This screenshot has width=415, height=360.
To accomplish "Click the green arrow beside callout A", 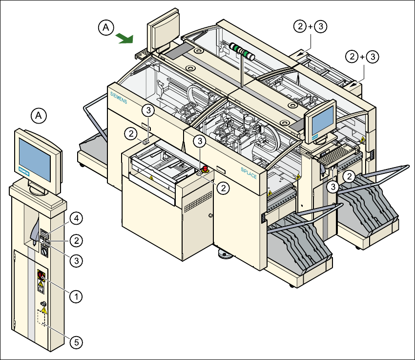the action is click(x=124, y=39).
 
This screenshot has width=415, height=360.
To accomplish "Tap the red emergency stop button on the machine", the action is click(x=205, y=169).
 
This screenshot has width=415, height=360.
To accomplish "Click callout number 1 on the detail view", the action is click(x=76, y=296).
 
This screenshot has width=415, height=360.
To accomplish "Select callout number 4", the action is click(x=76, y=219).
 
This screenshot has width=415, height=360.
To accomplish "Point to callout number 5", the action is click(x=76, y=342).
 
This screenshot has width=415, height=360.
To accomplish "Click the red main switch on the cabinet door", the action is click(x=41, y=275).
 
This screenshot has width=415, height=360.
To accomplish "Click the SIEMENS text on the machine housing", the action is click(x=119, y=98).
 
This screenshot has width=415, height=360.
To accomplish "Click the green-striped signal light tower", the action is click(x=242, y=51).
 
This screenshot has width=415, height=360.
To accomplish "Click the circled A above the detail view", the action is click(x=39, y=116).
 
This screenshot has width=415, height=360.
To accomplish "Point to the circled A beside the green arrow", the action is click(x=106, y=27).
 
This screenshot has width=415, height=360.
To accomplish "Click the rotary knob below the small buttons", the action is click(x=44, y=251).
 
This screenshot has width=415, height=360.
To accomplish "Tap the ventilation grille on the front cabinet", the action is click(x=198, y=202).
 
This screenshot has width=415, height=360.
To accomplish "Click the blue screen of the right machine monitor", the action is click(x=322, y=121).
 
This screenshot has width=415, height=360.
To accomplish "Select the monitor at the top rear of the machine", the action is click(x=163, y=30).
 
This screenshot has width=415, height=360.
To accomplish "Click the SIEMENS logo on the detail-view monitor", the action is click(x=24, y=172).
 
